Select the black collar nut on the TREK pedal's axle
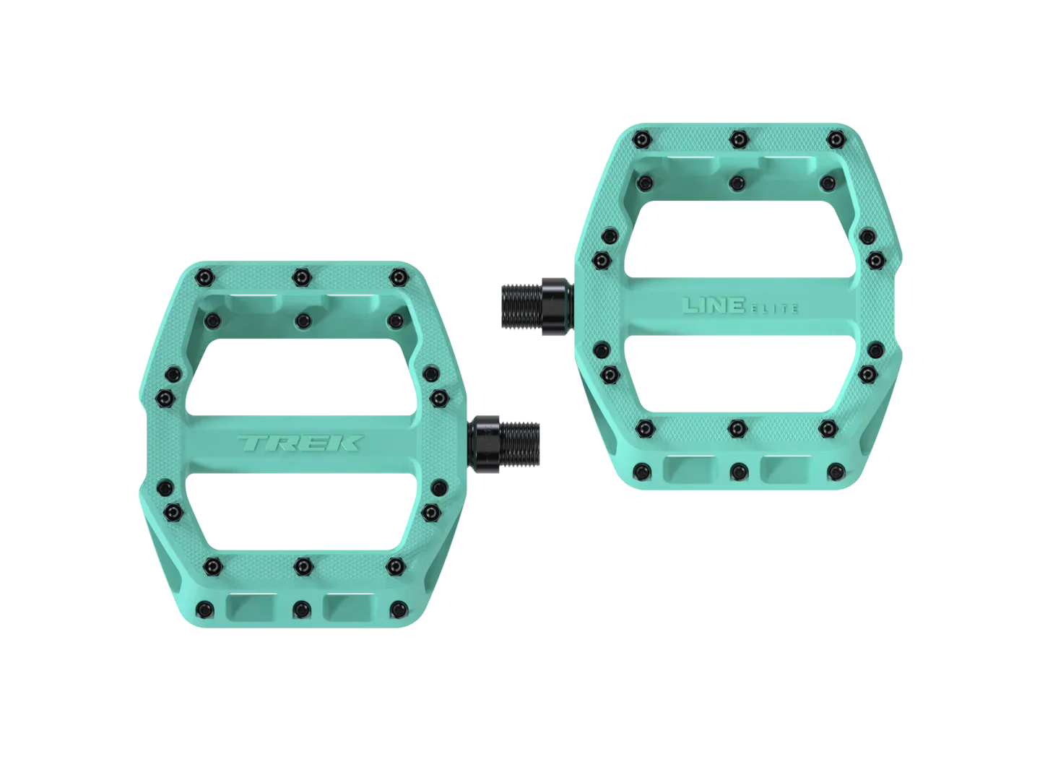click(483, 443)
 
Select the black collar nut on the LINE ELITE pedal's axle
click(559, 306)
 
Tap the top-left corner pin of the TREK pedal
click(205, 277)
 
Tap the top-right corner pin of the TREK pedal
click(399, 277)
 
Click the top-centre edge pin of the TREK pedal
click(301, 277)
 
